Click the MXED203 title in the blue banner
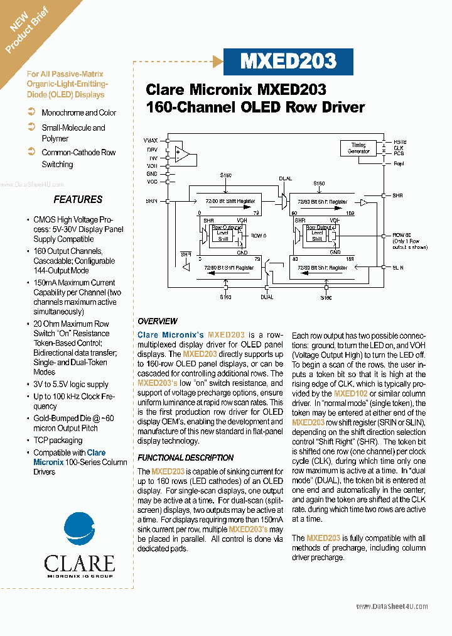point(289,61)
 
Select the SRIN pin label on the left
point(151,200)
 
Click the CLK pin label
point(399,148)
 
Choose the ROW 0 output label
point(259,235)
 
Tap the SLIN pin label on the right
point(397,267)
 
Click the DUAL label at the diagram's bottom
point(267,296)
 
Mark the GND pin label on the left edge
point(152,173)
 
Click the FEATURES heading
point(78,199)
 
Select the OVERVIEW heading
point(158,321)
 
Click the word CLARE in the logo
point(79,562)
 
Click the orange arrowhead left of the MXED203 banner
point(218,61)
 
